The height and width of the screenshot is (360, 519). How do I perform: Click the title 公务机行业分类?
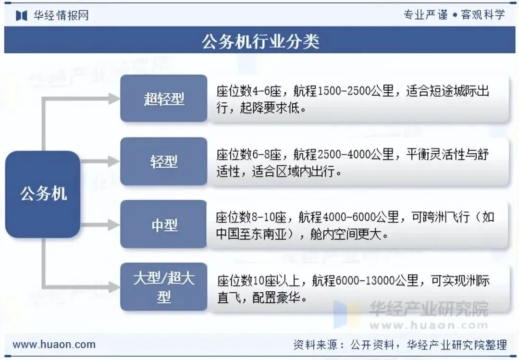260,41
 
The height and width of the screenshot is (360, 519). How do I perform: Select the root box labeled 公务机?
43,194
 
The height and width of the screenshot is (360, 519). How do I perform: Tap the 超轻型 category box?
164,99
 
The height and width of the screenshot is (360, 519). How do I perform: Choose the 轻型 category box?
164,161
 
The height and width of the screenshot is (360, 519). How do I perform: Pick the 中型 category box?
164,224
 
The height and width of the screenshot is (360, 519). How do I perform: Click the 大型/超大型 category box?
164,287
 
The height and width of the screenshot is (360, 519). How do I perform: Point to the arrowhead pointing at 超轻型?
114,99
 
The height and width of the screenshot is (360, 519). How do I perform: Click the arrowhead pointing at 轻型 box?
114,161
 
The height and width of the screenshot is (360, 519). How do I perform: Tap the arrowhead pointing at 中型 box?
114,224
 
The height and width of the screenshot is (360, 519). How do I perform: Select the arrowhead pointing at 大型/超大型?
114,287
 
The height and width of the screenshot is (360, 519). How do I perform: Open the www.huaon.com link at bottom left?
54,344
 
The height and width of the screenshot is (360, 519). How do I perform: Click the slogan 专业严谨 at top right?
425,14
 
